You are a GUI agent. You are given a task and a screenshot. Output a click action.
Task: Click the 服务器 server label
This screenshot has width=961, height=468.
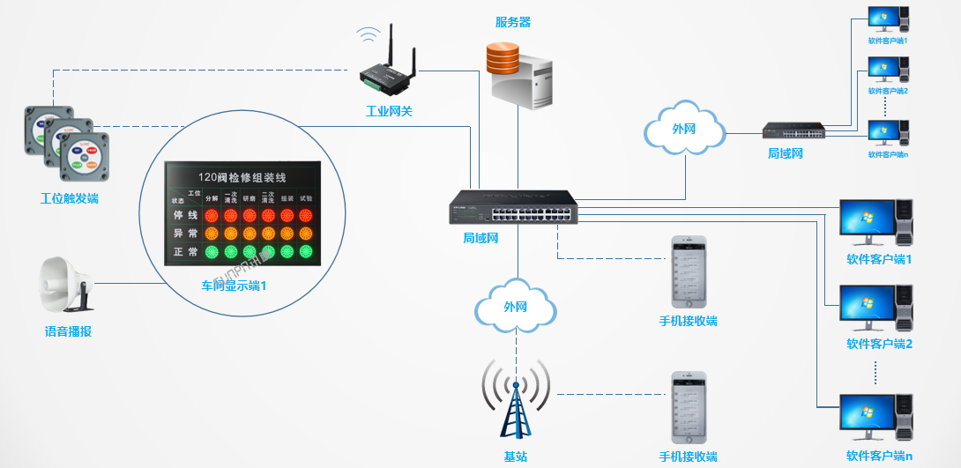tap(513, 22)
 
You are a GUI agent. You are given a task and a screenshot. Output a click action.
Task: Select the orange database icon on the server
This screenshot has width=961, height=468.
tap(503, 60)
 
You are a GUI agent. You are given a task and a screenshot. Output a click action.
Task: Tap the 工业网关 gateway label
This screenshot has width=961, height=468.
tap(390, 111)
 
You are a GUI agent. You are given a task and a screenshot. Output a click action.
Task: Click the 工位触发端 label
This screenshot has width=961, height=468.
tap(70, 198)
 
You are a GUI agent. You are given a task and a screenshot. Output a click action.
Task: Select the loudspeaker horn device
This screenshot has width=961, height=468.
tap(65, 284)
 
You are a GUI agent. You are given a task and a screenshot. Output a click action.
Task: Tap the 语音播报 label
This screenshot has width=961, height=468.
tap(69, 331)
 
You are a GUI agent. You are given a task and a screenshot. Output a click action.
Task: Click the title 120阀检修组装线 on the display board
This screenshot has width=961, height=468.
tap(241, 176)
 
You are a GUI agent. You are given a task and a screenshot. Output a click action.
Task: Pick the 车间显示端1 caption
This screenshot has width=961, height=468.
tap(234, 286)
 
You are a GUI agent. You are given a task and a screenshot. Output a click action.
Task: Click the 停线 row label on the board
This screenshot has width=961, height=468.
tap(185, 215)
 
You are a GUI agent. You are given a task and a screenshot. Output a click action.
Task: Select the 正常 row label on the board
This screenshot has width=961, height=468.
tap(185, 252)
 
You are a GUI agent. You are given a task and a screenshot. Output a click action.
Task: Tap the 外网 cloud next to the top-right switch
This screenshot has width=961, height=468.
tap(685, 129)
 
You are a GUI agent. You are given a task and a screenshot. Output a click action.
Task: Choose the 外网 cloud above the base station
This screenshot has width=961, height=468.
tap(516, 307)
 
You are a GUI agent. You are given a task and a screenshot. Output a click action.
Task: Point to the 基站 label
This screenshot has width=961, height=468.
tap(516, 457)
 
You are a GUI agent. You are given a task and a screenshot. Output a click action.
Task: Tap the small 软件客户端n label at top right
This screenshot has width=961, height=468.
tap(888, 154)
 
